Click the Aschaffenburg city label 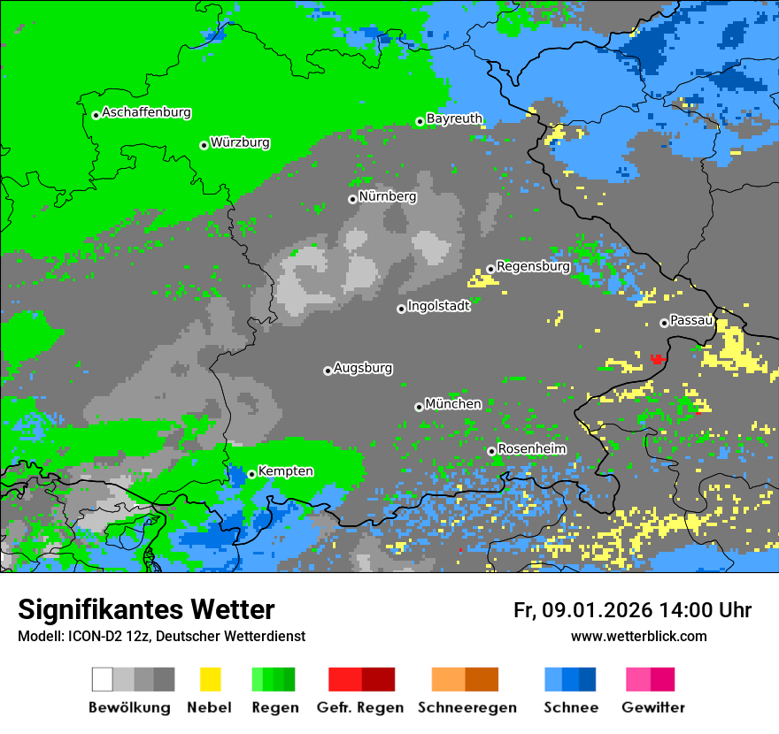point(146,113)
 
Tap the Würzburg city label point(240,143)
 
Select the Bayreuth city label point(454,119)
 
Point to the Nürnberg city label point(388,196)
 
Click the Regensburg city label point(533,266)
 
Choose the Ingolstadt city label point(438,306)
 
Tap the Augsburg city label point(363,368)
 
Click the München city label point(453,404)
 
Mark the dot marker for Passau point(664,323)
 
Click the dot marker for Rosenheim point(491,451)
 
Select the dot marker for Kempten point(251,474)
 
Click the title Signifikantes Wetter point(146,610)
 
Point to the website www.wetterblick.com point(638,637)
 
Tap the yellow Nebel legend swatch point(210,679)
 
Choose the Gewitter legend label point(652,707)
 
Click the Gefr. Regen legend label point(360,707)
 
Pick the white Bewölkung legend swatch point(103,679)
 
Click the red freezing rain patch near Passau point(658,358)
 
